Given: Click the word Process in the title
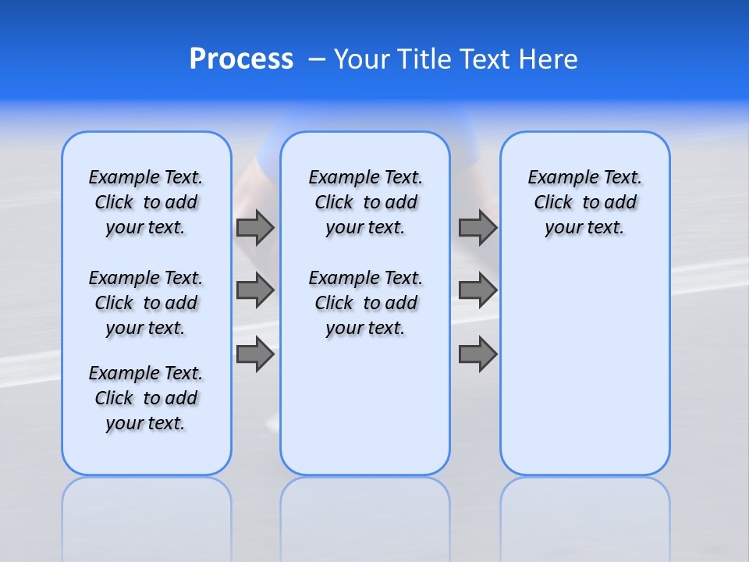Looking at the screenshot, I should coord(241,59).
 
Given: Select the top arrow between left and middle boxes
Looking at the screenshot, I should coord(255,227).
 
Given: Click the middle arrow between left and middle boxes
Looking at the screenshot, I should coord(255,290).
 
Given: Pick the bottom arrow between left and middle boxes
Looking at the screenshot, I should coord(255,354).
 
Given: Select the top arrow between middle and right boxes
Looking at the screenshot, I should coord(477,227).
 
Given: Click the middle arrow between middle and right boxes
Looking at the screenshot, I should coord(477,290).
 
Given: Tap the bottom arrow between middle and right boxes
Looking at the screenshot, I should coord(477,354).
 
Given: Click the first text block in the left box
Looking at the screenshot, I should coord(146,202).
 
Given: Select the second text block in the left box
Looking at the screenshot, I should coord(146,303).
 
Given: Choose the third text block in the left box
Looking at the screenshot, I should coord(146,398).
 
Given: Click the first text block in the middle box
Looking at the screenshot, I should coord(365,202).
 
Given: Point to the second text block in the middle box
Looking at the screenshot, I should coord(365,303).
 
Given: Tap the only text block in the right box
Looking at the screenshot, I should coord(584,202).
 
